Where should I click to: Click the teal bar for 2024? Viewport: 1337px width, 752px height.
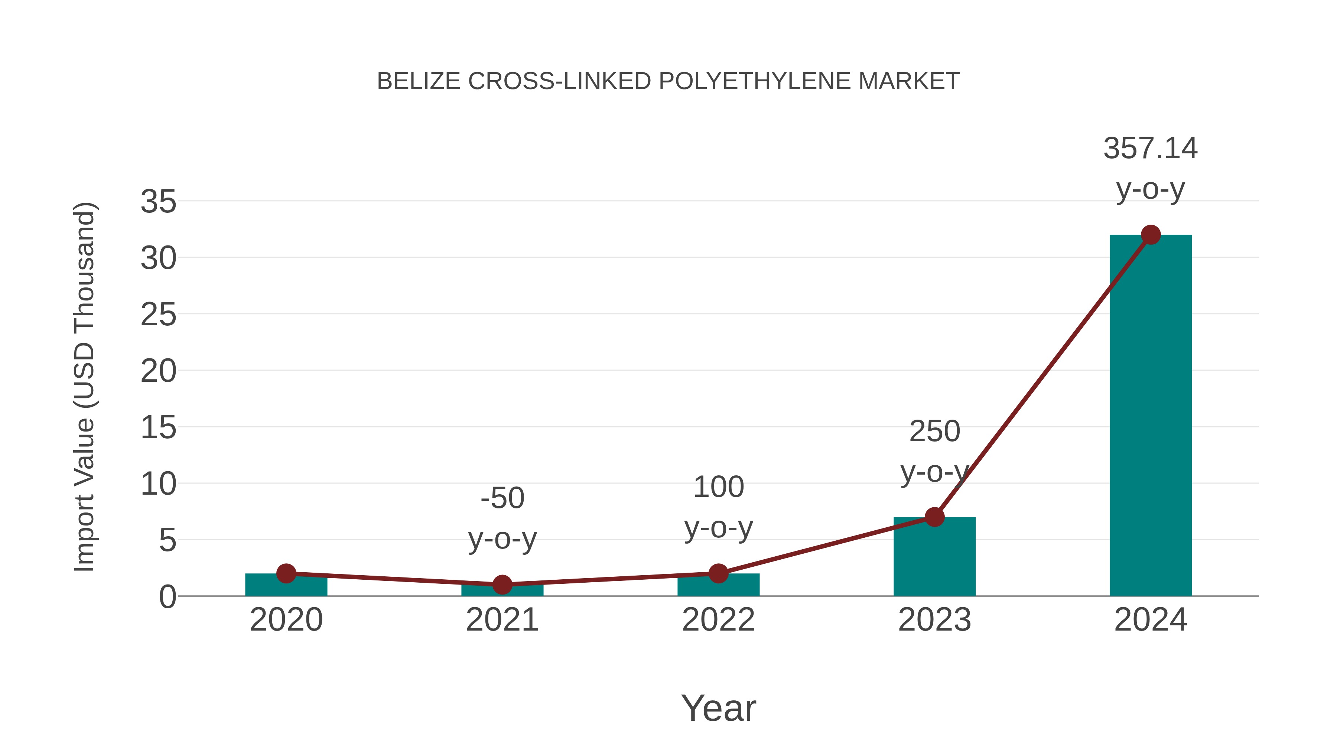[x=1150, y=415]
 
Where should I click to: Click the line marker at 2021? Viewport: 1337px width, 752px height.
[x=502, y=585]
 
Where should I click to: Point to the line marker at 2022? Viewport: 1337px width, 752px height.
[x=718, y=573]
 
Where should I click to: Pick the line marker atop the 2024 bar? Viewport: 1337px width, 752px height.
[x=1151, y=235]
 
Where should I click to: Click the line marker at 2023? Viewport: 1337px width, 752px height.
[x=934, y=517]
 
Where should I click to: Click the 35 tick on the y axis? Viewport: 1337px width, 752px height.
[x=158, y=201]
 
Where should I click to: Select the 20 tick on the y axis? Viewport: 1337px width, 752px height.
[x=158, y=371]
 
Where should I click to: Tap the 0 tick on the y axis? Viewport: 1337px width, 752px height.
[x=167, y=597]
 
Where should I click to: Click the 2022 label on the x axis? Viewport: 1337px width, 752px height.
[x=718, y=620]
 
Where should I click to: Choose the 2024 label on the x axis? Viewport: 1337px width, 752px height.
[x=1150, y=620]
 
